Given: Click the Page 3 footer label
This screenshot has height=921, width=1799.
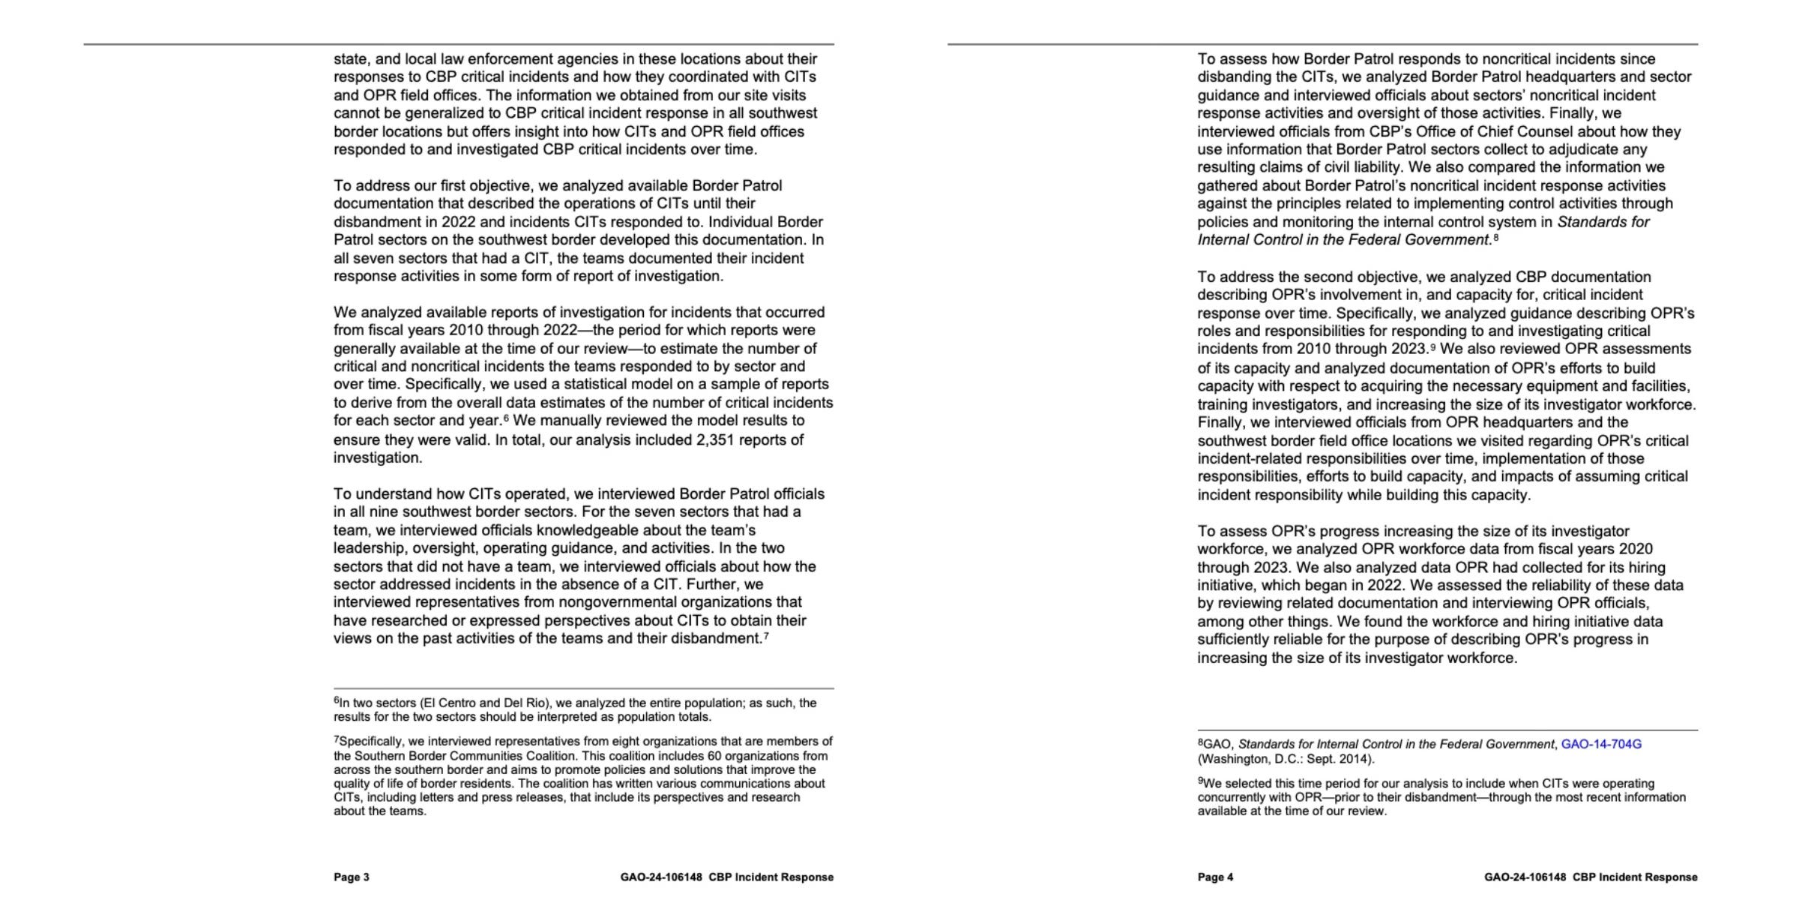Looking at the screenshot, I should tap(352, 877).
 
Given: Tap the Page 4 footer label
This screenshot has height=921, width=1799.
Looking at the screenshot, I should tap(1215, 877).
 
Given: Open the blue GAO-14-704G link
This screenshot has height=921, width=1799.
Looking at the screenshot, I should tap(1601, 744).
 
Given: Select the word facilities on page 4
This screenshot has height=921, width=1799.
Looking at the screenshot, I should tap(1660, 386).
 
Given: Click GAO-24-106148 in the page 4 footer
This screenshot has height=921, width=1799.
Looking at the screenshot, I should tap(1525, 877).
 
